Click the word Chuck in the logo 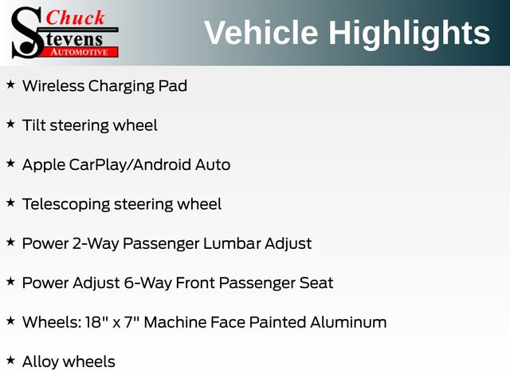pyautogui.click(x=75, y=18)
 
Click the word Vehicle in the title pyautogui.click(x=261, y=33)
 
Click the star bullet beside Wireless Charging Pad pyautogui.click(x=10, y=85)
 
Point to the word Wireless pyautogui.click(x=53, y=86)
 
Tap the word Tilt pyautogui.click(x=33, y=125)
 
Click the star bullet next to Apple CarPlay pyautogui.click(x=10, y=164)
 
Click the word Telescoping pyautogui.click(x=66, y=205)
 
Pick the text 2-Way pyautogui.click(x=96, y=244)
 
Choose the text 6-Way pyautogui.click(x=148, y=283)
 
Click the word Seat pyautogui.click(x=316, y=282)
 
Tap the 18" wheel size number pyautogui.click(x=96, y=322)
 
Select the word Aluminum pyautogui.click(x=348, y=322)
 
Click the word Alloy pyautogui.click(x=41, y=362)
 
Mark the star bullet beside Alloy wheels pyautogui.click(x=10, y=361)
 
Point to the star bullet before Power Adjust pyautogui.click(x=10, y=282)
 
